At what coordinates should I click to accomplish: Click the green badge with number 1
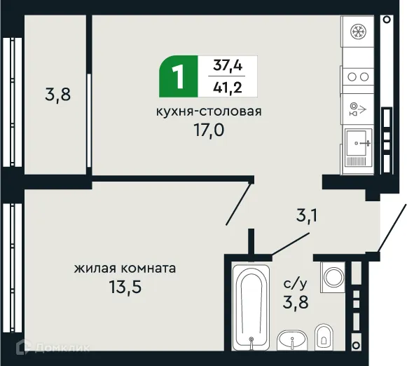(x=179, y=76)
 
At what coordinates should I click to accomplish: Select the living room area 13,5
(x=125, y=287)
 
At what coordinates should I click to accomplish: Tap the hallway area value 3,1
(x=305, y=215)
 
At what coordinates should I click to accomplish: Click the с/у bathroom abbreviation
(x=295, y=283)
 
